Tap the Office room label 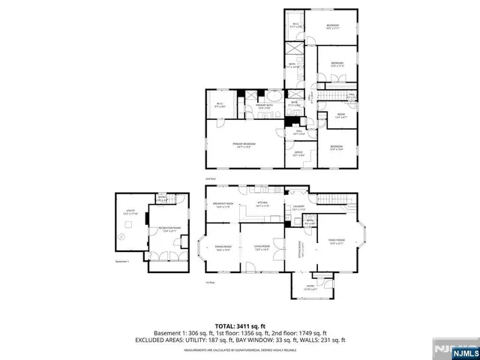[298, 154]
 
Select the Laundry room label [298, 208]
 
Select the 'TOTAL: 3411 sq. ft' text [239, 326]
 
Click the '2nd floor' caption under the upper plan [211, 179]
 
